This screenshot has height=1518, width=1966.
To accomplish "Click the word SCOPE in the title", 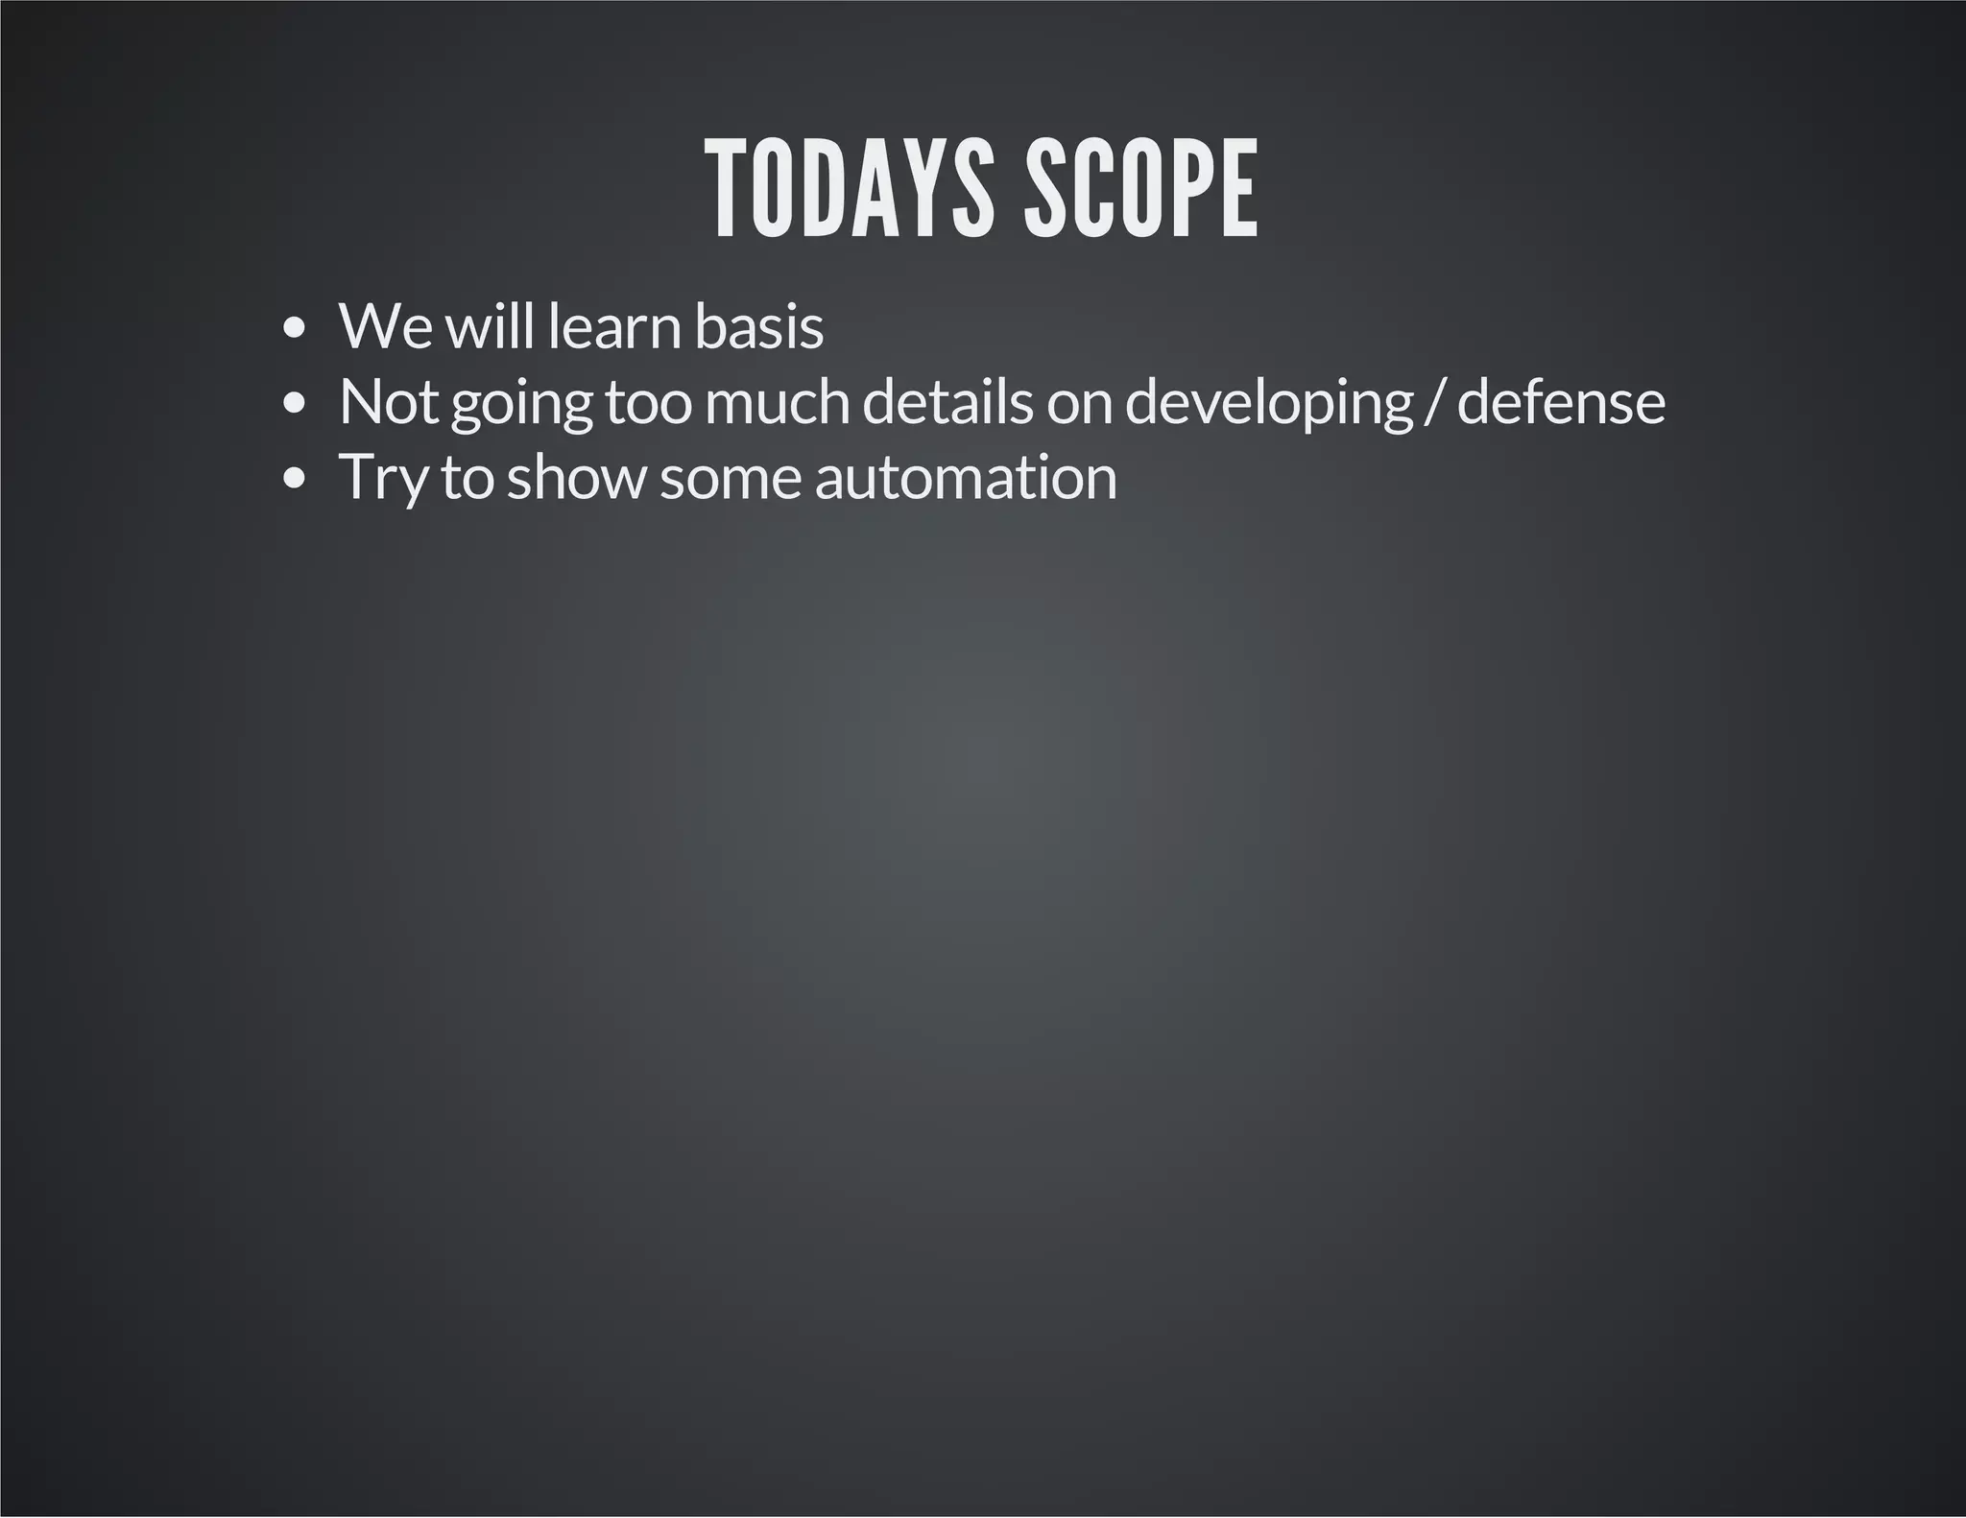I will (1140, 189).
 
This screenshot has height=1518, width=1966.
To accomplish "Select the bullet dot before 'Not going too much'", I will (296, 404).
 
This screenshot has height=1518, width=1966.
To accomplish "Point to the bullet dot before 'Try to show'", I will (296, 479).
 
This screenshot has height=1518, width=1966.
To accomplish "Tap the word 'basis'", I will (758, 327).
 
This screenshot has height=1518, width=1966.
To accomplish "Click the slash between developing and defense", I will (1435, 404).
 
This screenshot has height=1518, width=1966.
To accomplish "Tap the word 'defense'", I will (1561, 402).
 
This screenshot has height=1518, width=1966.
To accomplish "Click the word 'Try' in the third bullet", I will (383, 479).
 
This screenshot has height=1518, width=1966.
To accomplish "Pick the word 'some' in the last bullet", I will (730, 479).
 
